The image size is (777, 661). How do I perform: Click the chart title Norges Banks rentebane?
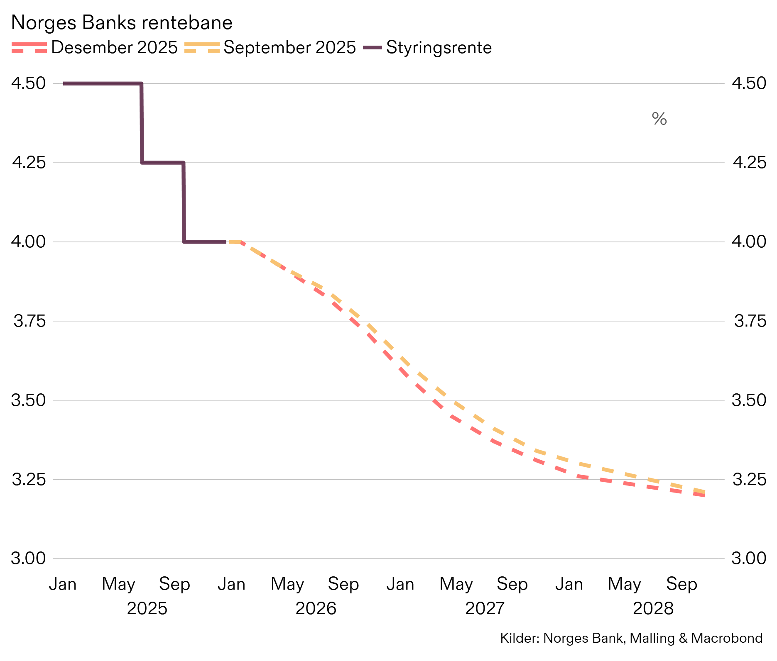point(121,23)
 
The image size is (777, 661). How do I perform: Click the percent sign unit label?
point(659,119)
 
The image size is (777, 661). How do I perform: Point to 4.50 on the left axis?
point(28,83)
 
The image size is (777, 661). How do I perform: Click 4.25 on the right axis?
point(749,162)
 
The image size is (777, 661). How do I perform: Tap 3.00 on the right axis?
point(749,558)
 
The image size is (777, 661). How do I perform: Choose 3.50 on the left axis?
point(28,400)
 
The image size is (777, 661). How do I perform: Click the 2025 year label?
point(147,609)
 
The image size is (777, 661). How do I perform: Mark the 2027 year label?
point(485,609)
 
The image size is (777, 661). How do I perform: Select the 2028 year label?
point(653,609)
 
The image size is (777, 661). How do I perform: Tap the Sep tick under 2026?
point(343,584)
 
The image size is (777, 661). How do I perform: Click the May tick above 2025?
point(118,584)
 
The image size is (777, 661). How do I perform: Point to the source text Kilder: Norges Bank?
point(561,638)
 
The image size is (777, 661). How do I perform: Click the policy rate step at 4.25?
point(162,163)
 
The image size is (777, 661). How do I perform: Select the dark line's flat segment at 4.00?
point(204,241)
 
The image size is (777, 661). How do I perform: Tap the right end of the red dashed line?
point(703,495)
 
